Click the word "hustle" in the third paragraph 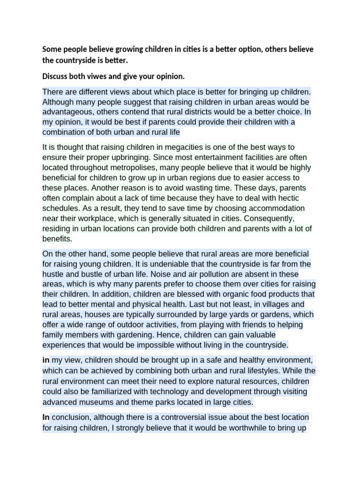53,274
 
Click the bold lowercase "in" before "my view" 46,360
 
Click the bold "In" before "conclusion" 46,417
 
